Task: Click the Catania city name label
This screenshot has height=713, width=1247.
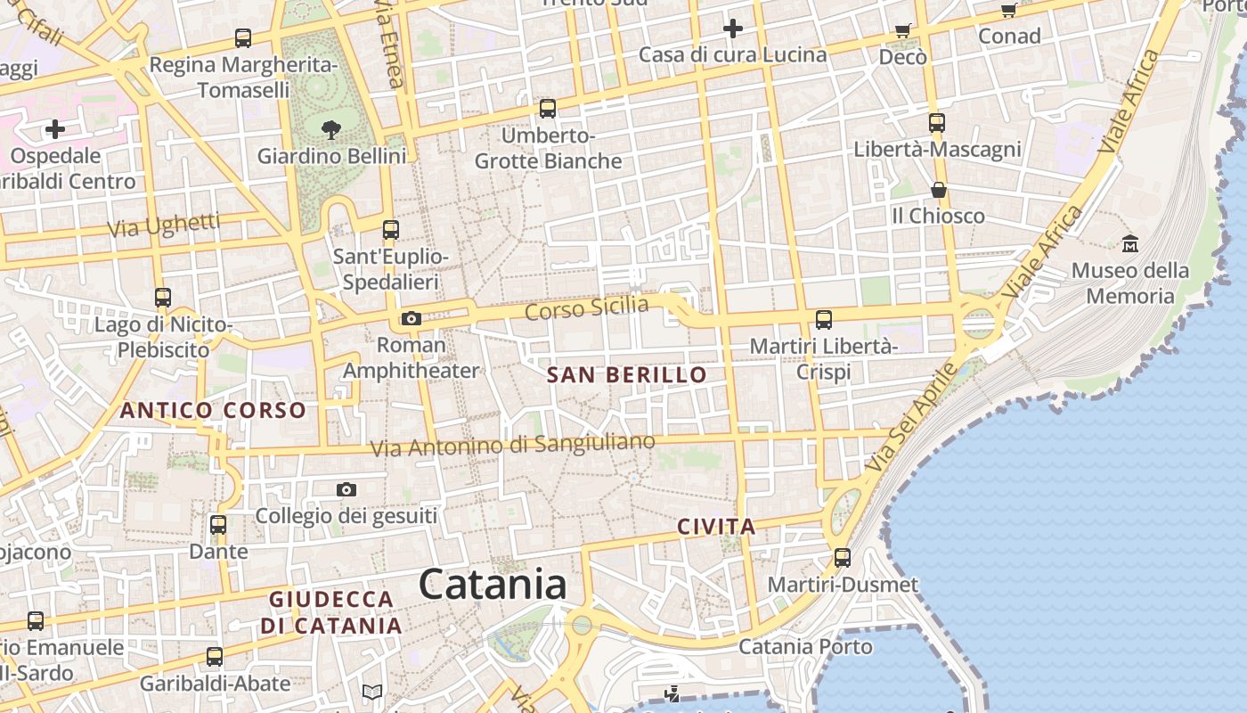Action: [x=493, y=586]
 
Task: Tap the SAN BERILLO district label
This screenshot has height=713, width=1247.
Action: [x=627, y=375]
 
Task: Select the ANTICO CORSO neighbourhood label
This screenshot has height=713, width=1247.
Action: [x=213, y=411]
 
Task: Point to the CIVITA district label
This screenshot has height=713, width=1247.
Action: [x=716, y=527]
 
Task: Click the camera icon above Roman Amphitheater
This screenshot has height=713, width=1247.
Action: [x=411, y=318]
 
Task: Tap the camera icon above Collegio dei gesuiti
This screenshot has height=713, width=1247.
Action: [x=346, y=489]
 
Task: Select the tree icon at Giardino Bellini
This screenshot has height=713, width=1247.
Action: [x=331, y=130]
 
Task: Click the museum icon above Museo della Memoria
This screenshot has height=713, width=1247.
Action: [x=1130, y=243]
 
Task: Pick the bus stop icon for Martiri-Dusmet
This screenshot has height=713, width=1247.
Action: [x=843, y=559]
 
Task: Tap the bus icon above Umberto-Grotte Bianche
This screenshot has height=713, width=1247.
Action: [x=548, y=109]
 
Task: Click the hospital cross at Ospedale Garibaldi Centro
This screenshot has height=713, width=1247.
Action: [x=55, y=129]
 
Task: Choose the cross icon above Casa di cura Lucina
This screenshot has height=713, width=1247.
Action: [x=732, y=29]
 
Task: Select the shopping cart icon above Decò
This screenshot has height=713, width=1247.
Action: [x=902, y=31]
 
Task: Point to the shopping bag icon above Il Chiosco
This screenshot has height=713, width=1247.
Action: [x=938, y=190]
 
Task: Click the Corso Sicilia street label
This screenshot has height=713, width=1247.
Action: [x=587, y=308]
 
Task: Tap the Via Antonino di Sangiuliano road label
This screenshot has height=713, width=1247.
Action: [x=512, y=445]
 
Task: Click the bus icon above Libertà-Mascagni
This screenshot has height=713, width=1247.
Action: [x=936, y=123]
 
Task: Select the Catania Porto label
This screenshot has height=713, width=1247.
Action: [x=806, y=646]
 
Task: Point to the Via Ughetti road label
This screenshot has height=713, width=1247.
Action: [x=164, y=225]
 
